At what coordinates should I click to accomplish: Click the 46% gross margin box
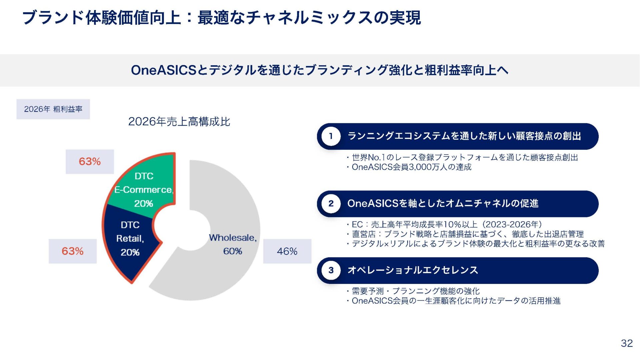click(287, 251)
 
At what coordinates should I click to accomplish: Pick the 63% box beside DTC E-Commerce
click(90, 162)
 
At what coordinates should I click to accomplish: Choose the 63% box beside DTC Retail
click(73, 251)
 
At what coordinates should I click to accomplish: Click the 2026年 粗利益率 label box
click(53, 109)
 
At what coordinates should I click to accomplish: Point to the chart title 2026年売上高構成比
click(179, 121)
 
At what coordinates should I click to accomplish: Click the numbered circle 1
click(331, 136)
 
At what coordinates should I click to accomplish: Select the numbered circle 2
click(331, 203)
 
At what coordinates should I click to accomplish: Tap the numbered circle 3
click(331, 270)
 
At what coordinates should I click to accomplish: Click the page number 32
click(627, 343)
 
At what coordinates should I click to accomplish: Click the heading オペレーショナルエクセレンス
click(413, 270)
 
